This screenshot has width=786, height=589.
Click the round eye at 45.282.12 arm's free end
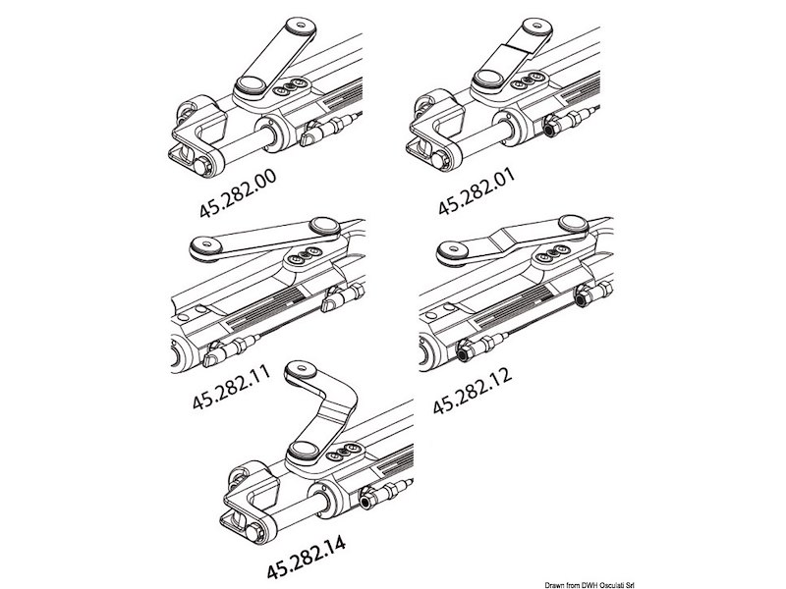[x=452, y=252]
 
